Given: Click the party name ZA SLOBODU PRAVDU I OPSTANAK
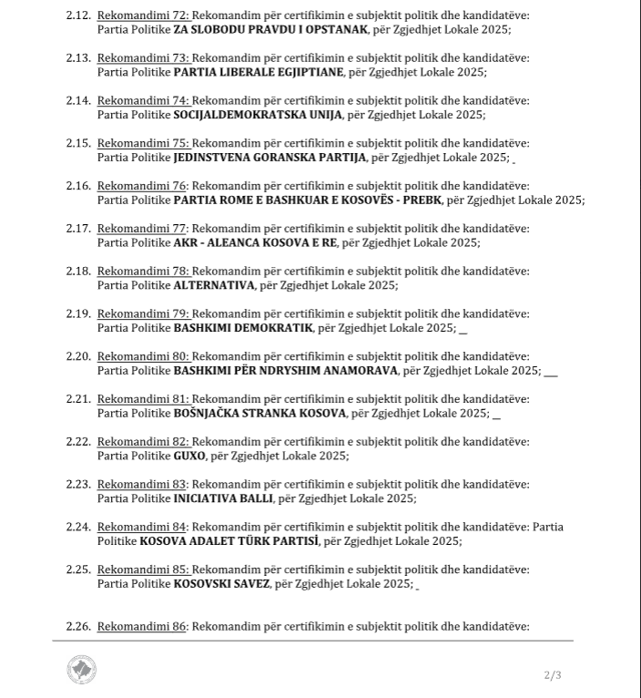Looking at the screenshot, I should coord(270,29).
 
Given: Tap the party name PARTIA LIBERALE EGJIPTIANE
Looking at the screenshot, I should coord(259,71).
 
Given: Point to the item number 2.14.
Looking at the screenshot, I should coord(78,100).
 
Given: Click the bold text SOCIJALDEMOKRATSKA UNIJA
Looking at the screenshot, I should coord(258,114).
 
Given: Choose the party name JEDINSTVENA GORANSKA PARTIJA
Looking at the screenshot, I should coord(270,157).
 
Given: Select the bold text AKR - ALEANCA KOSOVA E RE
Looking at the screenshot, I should coord(255,242).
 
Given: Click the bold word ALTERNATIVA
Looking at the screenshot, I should coord(214,285).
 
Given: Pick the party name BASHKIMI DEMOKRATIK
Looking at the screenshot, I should coord(243,327).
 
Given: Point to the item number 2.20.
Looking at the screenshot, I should coord(78,356).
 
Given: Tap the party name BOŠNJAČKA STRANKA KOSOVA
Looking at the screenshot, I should coord(259,413).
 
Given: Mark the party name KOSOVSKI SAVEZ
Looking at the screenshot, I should coord(221,583).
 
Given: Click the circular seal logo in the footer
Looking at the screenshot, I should coord(82,670).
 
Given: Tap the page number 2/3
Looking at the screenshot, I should coord(553,675).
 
